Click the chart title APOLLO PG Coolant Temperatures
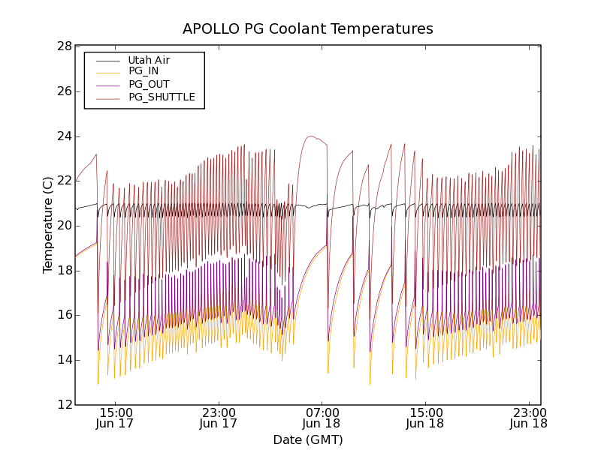click(x=308, y=29)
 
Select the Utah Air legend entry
click(x=149, y=60)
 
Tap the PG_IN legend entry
click(x=143, y=71)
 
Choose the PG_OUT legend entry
click(x=149, y=85)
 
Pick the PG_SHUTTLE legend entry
click(x=162, y=97)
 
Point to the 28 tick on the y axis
click(x=63, y=46)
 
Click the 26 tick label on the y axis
click(x=63, y=91)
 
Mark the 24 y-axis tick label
click(x=63, y=136)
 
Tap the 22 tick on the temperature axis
click(x=63, y=181)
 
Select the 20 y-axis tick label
click(x=63, y=226)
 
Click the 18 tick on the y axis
click(x=63, y=271)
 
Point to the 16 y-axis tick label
click(x=63, y=315)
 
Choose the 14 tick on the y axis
click(x=63, y=360)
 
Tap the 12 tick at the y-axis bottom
click(x=63, y=405)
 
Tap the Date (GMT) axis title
click(x=308, y=439)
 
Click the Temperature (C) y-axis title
click(x=48, y=225)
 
